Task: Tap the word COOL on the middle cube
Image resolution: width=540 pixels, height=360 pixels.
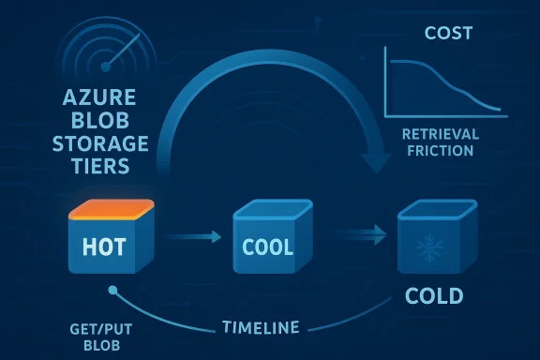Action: pos(266,248)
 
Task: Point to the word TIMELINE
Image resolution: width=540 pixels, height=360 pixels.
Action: pos(262,327)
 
